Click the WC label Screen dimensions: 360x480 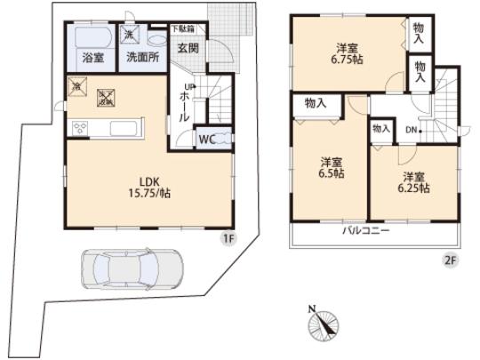click(207, 139)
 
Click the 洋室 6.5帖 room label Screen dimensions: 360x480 click(332, 168)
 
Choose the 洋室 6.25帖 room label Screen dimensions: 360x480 click(412, 182)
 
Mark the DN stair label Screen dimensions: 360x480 click(412, 131)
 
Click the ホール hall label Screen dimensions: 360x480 click(190, 105)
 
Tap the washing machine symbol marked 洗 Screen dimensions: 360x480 click(130, 36)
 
